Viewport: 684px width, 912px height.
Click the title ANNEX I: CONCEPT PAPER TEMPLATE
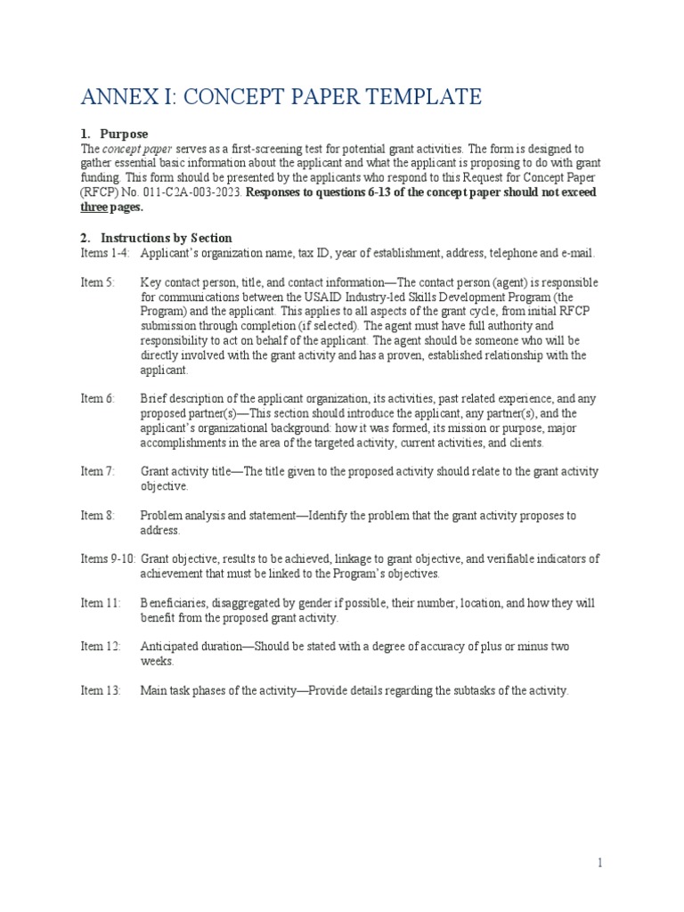click(281, 96)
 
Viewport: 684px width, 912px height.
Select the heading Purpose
click(124, 134)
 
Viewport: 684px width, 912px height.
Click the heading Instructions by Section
click(166, 238)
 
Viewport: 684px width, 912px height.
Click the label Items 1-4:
click(105, 253)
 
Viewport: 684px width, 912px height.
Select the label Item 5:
click(98, 282)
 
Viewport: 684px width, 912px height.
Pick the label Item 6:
click(98, 398)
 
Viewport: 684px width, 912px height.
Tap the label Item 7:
click(98, 471)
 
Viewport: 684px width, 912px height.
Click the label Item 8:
click(98, 515)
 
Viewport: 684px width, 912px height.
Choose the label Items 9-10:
click(108, 558)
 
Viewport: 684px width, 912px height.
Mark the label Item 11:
click(100, 603)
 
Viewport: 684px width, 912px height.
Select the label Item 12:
click(100, 647)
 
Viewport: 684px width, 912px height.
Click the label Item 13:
click(100, 690)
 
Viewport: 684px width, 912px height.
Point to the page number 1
click(600, 863)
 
